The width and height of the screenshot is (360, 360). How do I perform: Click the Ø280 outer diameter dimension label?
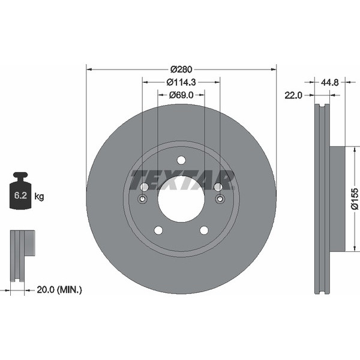181,69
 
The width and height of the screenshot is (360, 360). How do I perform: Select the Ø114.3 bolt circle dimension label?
181,82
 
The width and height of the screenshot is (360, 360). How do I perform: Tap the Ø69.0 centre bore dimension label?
181,95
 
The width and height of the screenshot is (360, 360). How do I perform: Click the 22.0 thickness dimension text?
293,95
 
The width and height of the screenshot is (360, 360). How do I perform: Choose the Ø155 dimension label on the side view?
354,199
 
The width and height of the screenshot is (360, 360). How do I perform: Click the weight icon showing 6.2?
21,191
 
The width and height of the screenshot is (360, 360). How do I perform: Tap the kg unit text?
39,196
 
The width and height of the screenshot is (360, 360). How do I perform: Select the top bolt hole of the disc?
181,160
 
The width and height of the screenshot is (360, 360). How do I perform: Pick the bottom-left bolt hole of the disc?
158,230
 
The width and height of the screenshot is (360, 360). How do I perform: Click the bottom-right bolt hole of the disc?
204,230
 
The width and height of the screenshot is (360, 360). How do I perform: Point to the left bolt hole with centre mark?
143,199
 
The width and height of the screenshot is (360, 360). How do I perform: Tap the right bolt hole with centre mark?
219,199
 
